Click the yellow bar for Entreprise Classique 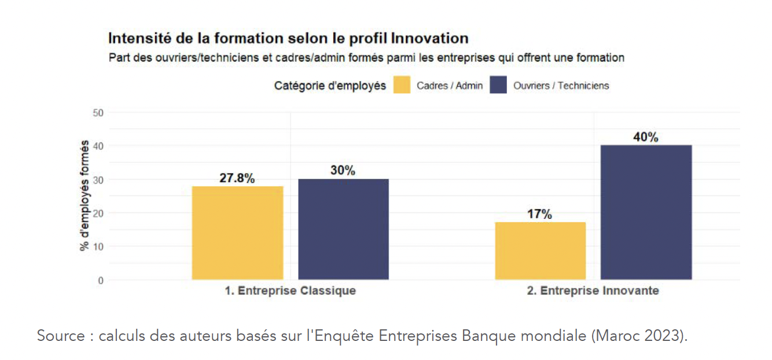pyautogui.click(x=237, y=233)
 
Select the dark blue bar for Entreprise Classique pyautogui.click(x=343, y=229)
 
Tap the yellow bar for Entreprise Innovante pyautogui.click(x=541, y=251)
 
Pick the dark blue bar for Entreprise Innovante pyautogui.click(x=646, y=212)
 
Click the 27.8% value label pyautogui.click(x=237, y=178)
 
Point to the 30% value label pyautogui.click(x=343, y=170)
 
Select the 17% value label pyautogui.click(x=540, y=214)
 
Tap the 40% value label pyautogui.click(x=646, y=137)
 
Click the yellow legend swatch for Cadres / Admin pyautogui.click(x=402, y=85)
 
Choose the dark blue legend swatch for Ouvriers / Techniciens pyautogui.click(x=498, y=85)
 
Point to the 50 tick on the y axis pyautogui.click(x=98, y=113)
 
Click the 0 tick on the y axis pyautogui.click(x=101, y=280)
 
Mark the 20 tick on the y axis pyautogui.click(x=98, y=214)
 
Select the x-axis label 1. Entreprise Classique pyautogui.click(x=290, y=291)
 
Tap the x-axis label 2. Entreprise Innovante pyautogui.click(x=593, y=291)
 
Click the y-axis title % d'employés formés pyautogui.click(x=84, y=196)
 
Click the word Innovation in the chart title pyautogui.click(x=430, y=38)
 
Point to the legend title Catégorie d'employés pyautogui.click(x=330, y=86)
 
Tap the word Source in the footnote pyautogui.click(x=61, y=336)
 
